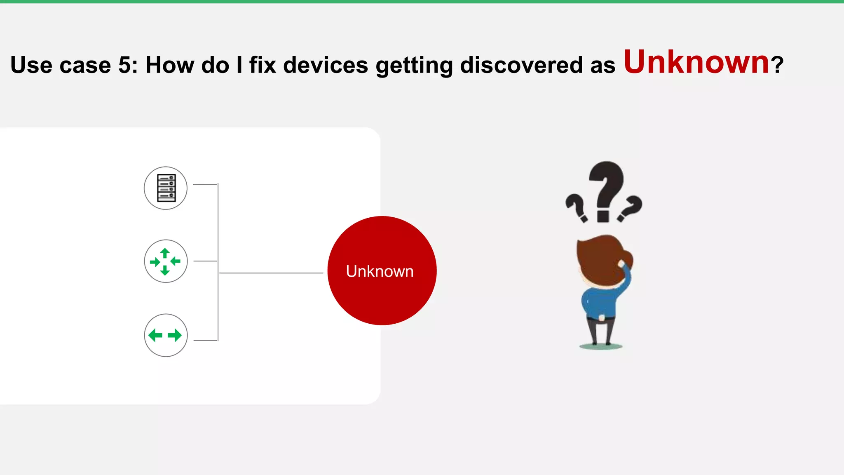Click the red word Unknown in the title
pyautogui.click(x=696, y=63)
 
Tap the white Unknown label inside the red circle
pyautogui.click(x=380, y=271)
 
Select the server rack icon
pyautogui.click(x=166, y=188)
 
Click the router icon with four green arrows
pyautogui.click(x=166, y=261)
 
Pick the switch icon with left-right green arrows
pyautogui.click(x=166, y=335)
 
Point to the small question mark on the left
pyautogui.click(x=576, y=208)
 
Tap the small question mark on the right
pyautogui.click(x=631, y=209)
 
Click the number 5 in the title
pyautogui.click(x=124, y=65)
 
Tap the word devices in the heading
pyautogui.click(x=325, y=65)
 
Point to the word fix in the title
pyautogui.click(x=263, y=65)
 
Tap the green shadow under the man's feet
pyautogui.click(x=601, y=347)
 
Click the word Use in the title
pyautogui.click(x=31, y=65)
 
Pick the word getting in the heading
pyautogui.click(x=414, y=66)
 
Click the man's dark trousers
pyautogui.click(x=601, y=330)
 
